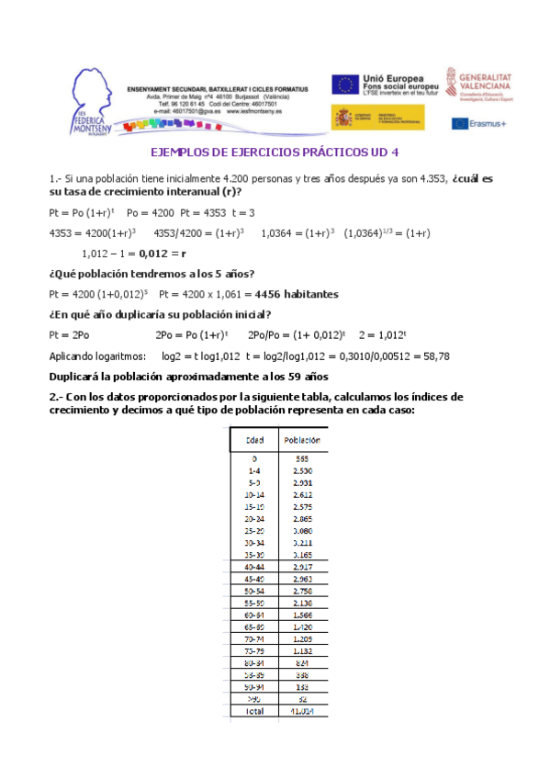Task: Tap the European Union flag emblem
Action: pos(345,85)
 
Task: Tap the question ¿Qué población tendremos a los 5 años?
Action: pos(151,274)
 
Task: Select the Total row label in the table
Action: pos(254,710)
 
